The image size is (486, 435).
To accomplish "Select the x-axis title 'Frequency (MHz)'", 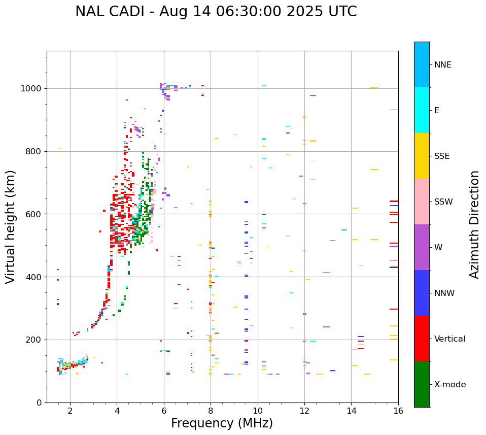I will tap(222, 423).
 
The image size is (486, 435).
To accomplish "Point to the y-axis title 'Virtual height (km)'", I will tap(11, 226).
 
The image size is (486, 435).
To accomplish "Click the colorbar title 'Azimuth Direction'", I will tap(474, 224).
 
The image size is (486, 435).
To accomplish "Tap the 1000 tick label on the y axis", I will tap(31, 88).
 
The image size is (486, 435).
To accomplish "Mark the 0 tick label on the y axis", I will tap(39, 403).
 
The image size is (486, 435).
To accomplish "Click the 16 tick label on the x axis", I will tap(398, 411).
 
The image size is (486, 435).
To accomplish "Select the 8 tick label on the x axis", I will tap(211, 411).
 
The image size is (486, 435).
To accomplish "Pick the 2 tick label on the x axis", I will tap(70, 411).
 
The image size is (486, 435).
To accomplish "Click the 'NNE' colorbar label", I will tap(442, 65).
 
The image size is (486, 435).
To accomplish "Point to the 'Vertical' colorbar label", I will tap(449, 339).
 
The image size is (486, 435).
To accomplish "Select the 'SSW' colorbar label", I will tap(443, 202).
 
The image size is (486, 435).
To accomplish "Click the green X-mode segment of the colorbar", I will tap(422, 384).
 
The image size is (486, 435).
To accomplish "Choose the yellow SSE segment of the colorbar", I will tap(422, 156).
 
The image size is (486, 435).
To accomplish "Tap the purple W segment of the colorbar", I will tap(422, 247).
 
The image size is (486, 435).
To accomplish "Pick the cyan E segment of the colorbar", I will tap(422, 110).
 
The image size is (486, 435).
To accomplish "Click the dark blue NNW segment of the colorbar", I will tap(422, 293).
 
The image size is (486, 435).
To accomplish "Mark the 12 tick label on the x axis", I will tap(304, 411).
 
